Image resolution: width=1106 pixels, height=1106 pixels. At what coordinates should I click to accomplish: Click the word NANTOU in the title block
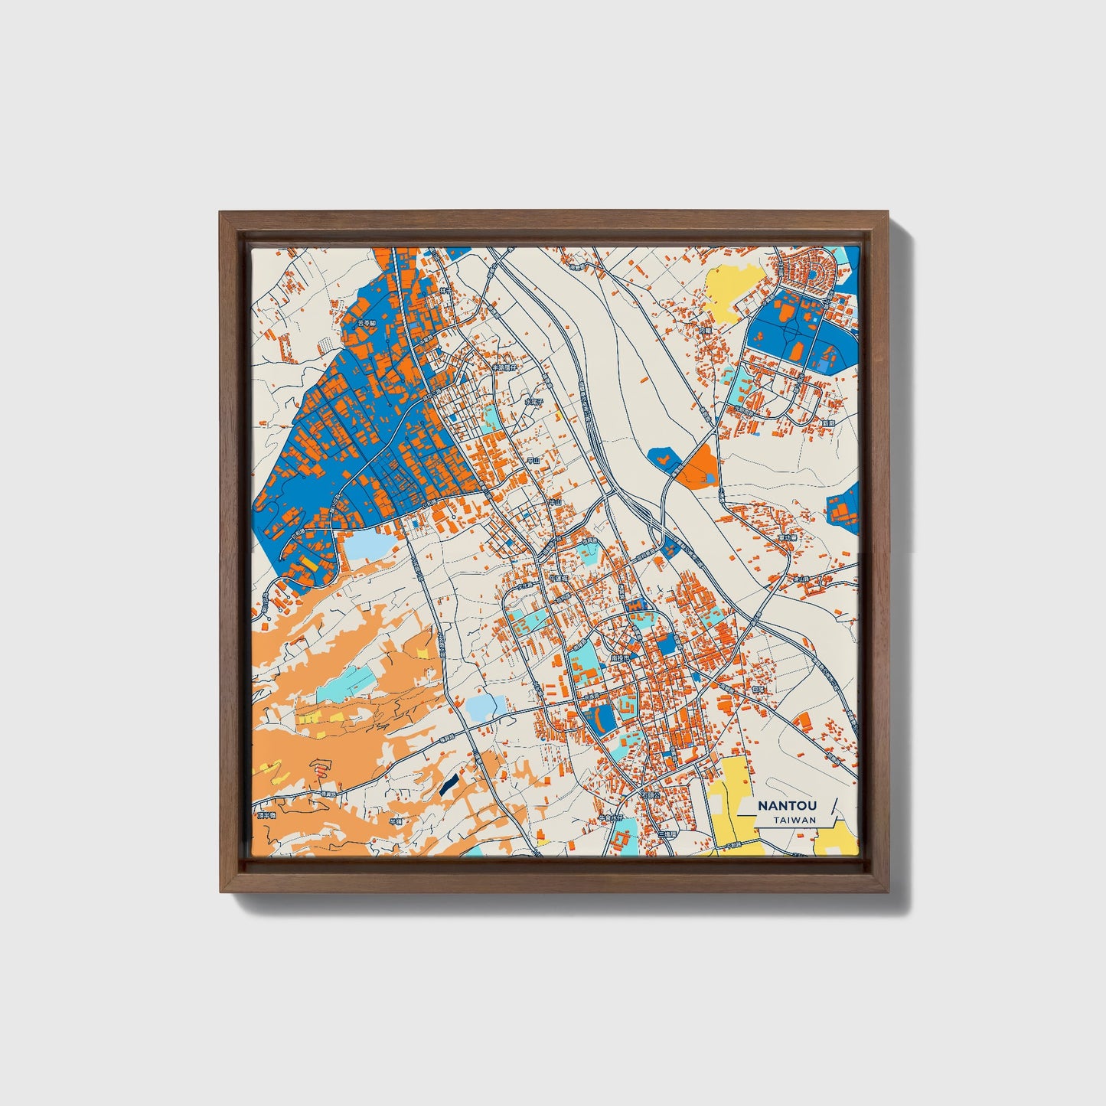[788, 806]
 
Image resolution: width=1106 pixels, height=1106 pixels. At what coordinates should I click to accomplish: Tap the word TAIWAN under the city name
[794, 821]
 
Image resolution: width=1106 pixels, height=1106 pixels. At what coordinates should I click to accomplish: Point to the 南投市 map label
[619, 657]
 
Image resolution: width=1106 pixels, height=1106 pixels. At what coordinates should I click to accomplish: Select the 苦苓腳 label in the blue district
[367, 324]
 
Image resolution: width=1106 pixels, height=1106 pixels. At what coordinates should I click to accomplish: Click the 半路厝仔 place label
[504, 368]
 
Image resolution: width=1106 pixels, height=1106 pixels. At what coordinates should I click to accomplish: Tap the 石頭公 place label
[650, 796]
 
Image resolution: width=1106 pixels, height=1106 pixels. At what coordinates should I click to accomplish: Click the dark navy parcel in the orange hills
[449, 782]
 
